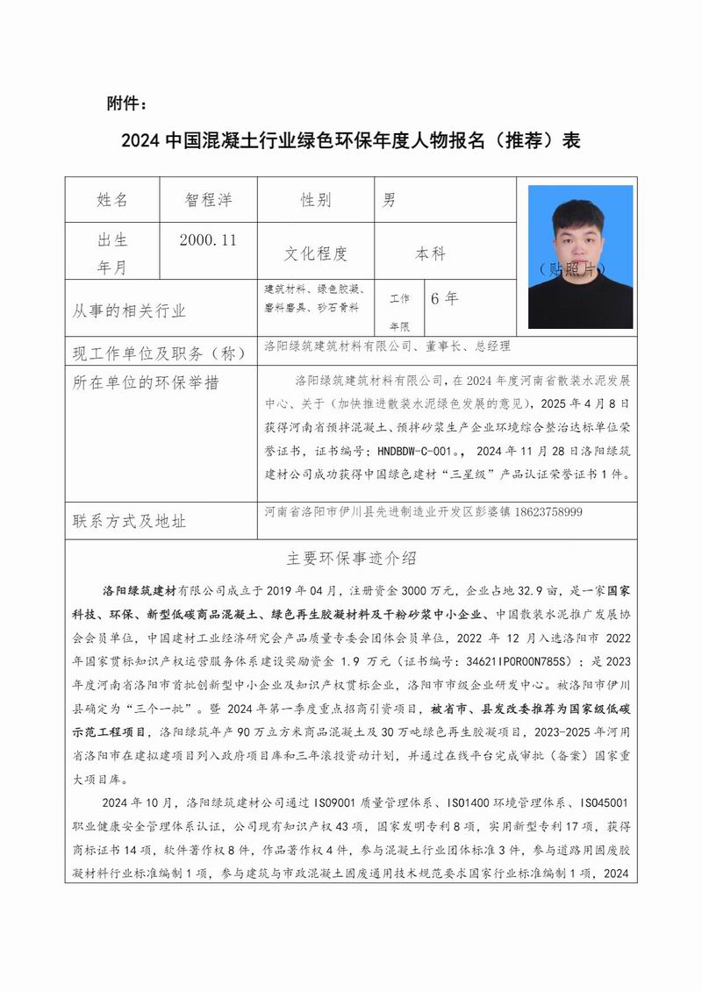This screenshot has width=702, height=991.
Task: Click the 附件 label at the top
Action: (x=126, y=104)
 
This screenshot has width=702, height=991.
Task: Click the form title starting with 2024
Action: (x=350, y=141)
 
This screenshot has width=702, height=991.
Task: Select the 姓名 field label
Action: (x=111, y=200)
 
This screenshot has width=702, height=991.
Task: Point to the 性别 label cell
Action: (x=315, y=200)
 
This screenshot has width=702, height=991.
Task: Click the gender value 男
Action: (x=389, y=200)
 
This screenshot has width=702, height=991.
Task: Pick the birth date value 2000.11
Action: (x=207, y=239)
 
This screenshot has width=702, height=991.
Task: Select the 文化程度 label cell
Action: (x=315, y=253)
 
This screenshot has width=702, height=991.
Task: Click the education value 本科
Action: (x=430, y=253)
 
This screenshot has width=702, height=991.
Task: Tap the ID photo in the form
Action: (x=580, y=256)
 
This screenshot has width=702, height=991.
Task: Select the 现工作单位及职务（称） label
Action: (x=155, y=354)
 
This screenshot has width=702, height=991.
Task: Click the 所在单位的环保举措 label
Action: (x=147, y=382)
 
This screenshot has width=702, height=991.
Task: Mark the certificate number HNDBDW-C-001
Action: (x=414, y=452)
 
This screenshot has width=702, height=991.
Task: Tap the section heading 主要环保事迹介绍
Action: (x=351, y=558)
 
